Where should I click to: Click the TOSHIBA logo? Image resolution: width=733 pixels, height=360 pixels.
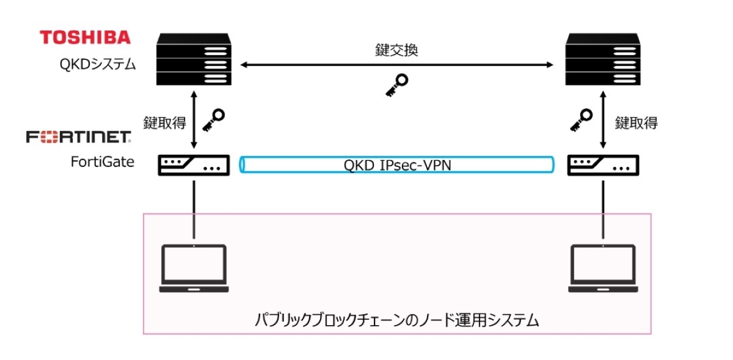pos(86,37)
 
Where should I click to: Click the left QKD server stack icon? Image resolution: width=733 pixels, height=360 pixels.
pos(194,59)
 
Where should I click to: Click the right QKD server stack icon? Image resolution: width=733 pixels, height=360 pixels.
pos(602,59)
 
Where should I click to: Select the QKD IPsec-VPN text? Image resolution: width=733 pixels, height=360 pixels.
pos(397,165)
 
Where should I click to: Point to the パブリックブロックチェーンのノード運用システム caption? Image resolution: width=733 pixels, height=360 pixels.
pos(397,320)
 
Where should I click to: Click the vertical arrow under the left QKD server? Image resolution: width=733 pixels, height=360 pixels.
pos(194,120)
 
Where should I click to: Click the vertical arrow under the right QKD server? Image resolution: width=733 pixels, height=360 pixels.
pos(602,120)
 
